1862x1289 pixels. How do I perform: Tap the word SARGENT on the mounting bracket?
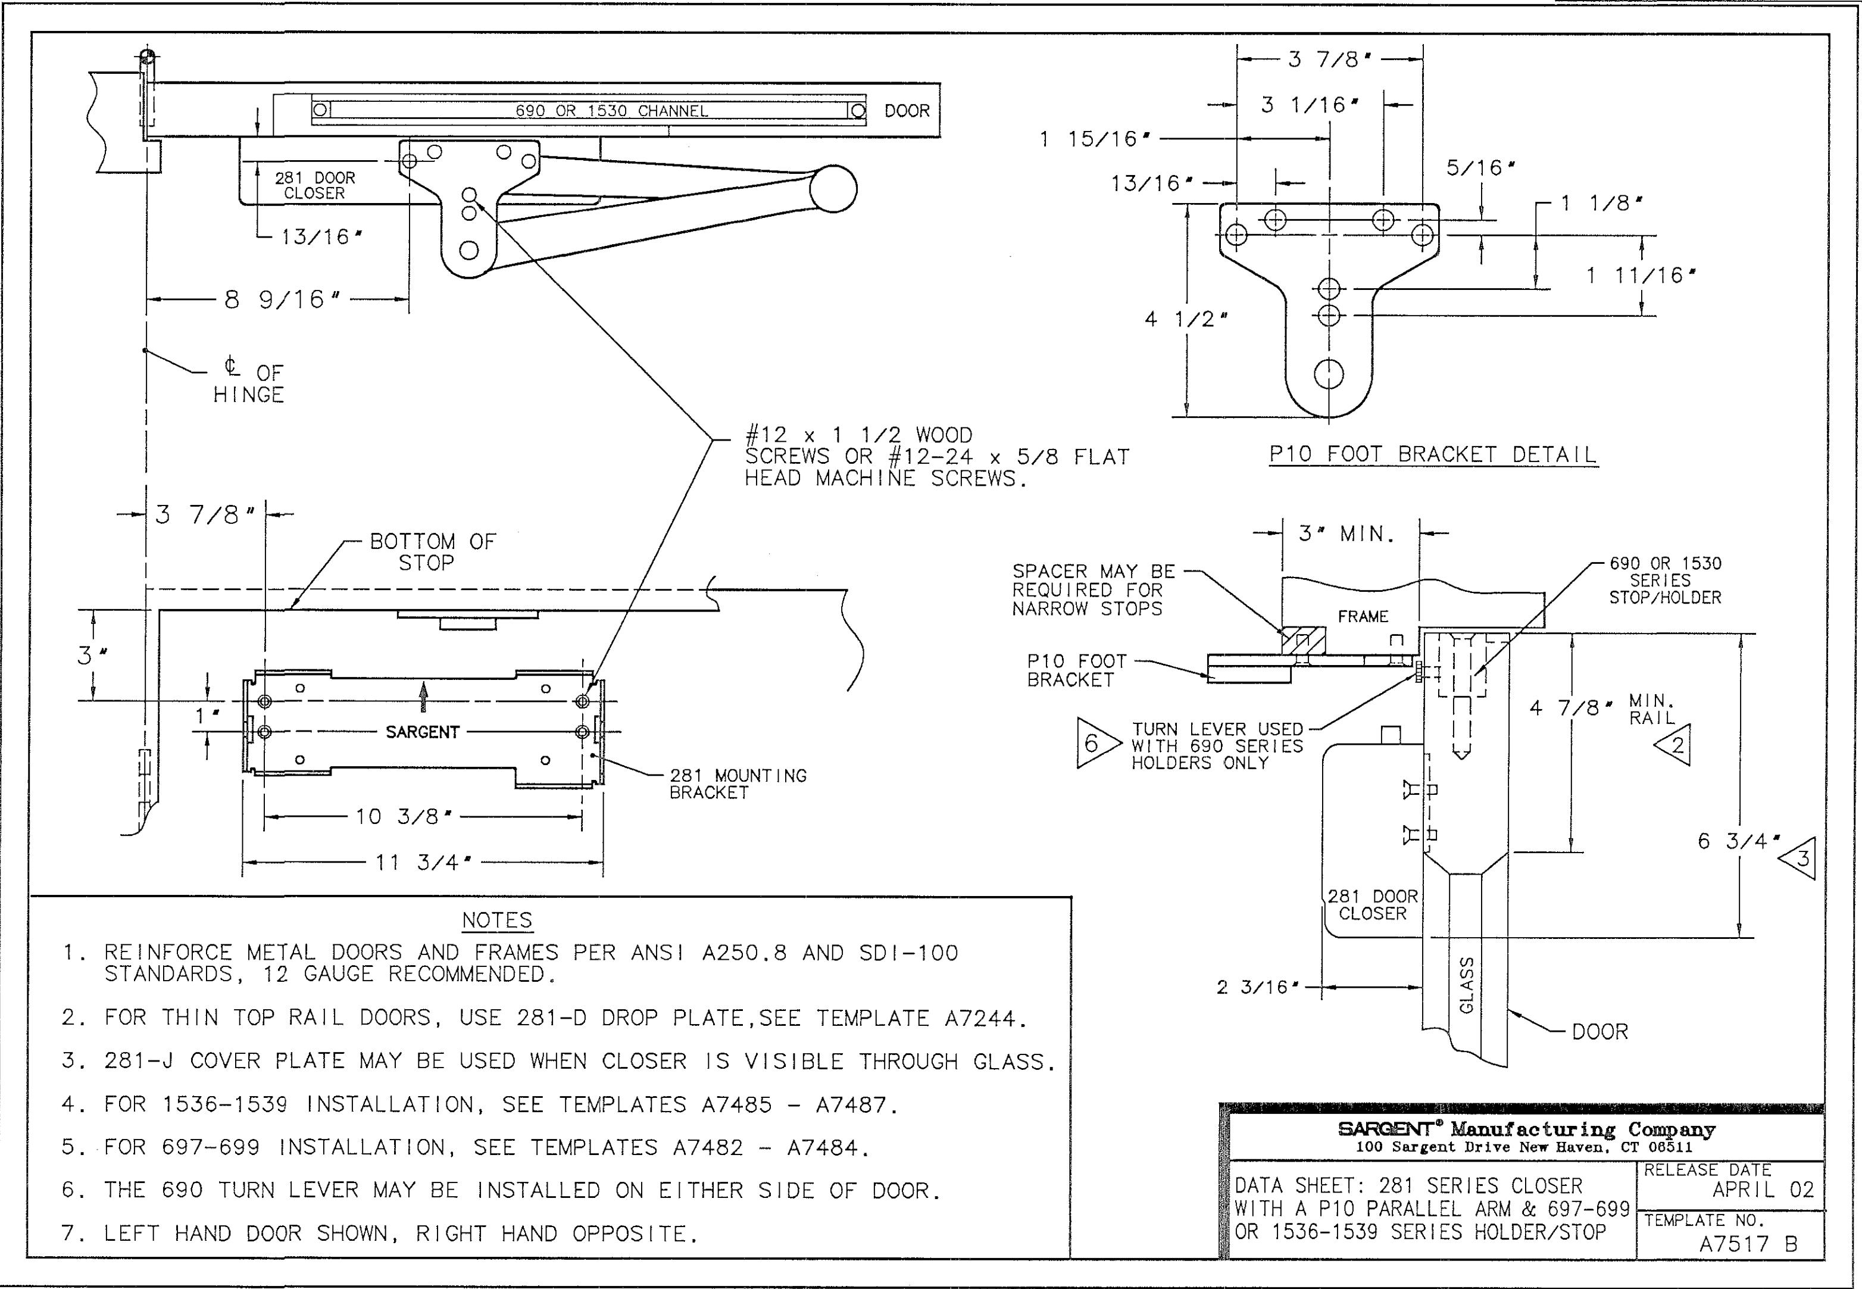click(422, 732)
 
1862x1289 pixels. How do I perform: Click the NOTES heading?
click(498, 920)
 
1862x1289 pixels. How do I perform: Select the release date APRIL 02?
click(1763, 1190)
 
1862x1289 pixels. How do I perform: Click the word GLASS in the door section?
click(1467, 985)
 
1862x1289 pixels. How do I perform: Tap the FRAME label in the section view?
click(1363, 616)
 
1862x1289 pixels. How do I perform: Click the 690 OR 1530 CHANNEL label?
click(612, 111)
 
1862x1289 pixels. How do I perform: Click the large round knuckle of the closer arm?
click(833, 190)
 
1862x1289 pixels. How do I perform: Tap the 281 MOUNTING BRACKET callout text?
click(738, 784)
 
